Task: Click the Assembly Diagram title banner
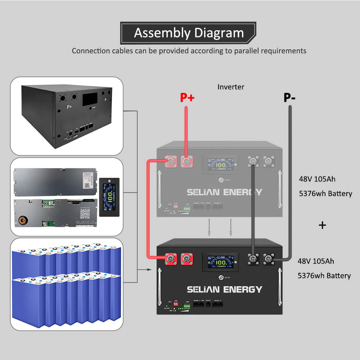pos(189,33)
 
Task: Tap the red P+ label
pos(187,98)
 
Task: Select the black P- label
pos(289,98)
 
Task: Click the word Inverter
pos(231,87)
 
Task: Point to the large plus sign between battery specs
pos(323,225)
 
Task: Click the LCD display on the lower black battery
pos(220,262)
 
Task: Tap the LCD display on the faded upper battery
pos(220,164)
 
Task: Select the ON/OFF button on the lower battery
pos(220,278)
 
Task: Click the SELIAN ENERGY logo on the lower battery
pos(224,289)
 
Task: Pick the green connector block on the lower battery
pos(187,306)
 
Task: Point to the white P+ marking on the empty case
pos(69,107)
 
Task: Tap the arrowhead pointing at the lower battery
pos(149,269)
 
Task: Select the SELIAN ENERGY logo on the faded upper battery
pos(224,192)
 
